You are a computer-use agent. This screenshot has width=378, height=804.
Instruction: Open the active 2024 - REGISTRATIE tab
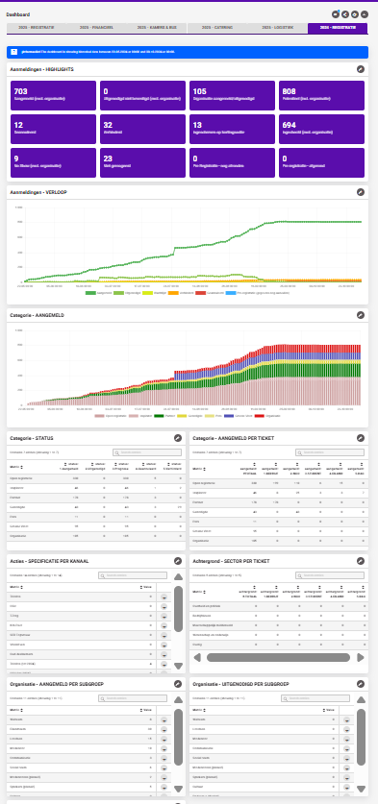pos(337,29)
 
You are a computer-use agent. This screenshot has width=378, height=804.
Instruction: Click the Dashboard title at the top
pos(18,14)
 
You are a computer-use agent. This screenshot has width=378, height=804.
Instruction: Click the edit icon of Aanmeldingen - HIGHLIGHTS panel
pos(361,70)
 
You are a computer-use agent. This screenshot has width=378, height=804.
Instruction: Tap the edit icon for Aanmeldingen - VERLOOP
pos(361,193)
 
